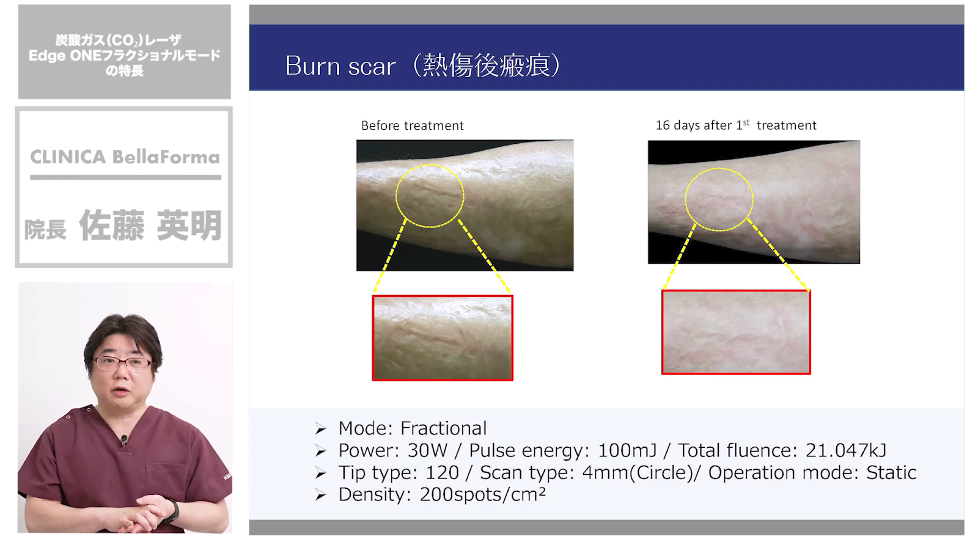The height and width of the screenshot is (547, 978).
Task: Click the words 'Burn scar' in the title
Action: pyautogui.click(x=340, y=66)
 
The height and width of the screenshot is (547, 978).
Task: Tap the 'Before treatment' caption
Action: pyautogui.click(x=412, y=126)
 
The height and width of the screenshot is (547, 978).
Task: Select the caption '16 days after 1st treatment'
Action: pyautogui.click(x=736, y=125)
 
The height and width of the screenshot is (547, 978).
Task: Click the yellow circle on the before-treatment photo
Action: pyautogui.click(x=396, y=196)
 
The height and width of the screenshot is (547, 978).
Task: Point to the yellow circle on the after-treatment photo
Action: pyautogui.click(x=685, y=199)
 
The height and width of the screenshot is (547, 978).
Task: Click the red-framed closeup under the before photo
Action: pyautogui.click(x=443, y=338)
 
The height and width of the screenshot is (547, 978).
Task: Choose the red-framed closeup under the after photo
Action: pyautogui.click(x=736, y=332)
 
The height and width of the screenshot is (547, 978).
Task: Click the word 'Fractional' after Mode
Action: pyautogui.click(x=443, y=428)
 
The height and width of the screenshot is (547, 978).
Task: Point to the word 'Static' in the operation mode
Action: pyautogui.click(x=891, y=473)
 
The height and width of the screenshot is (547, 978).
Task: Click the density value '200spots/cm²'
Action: pyautogui.click(x=482, y=495)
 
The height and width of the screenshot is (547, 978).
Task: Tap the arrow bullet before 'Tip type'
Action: pyautogui.click(x=321, y=473)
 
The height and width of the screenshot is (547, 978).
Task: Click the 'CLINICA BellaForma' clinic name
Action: pyautogui.click(x=125, y=157)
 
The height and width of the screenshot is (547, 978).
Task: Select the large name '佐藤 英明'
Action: pyautogui.click(x=150, y=225)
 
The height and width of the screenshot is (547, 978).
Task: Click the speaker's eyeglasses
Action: pyautogui.click(x=123, y=363)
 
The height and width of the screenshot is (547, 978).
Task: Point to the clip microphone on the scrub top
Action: pyautogui.click(x=125, y=439)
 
